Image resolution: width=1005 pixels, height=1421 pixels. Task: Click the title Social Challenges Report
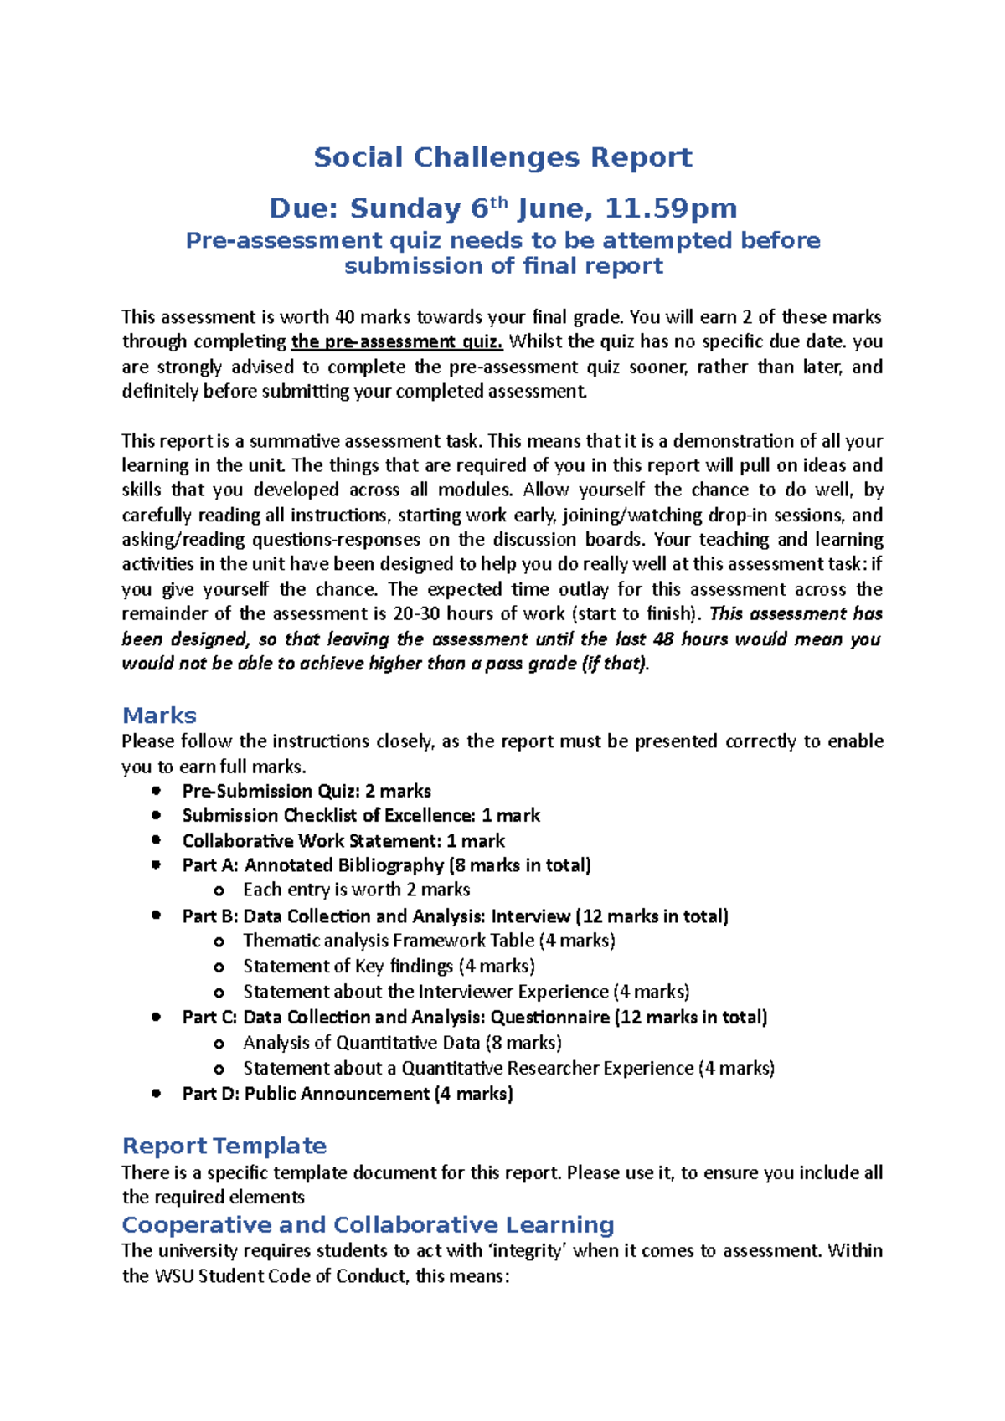502,157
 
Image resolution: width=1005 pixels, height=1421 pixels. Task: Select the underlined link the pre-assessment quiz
397,341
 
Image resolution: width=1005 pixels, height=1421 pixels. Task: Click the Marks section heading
159,716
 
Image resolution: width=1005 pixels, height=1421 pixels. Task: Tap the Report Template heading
224,1146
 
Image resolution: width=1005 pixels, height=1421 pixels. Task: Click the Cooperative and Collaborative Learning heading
368,1224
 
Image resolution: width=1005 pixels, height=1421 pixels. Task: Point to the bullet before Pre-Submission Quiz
156,791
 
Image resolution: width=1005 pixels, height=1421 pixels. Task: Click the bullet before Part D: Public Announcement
156,1093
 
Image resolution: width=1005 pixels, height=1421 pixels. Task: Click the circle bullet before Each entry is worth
219,890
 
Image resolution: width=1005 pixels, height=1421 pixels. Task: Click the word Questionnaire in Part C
549,1018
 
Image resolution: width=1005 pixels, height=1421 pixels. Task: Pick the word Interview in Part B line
531,916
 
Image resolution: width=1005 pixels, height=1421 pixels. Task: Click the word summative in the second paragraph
294,441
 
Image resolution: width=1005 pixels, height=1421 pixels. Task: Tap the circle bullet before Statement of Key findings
219,967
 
